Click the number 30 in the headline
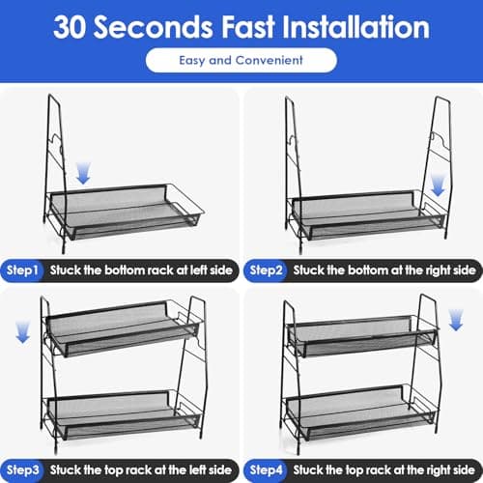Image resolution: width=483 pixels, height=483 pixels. [70, 27]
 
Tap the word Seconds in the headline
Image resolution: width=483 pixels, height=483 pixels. [154, 27]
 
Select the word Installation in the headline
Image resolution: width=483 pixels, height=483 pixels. [355, 27]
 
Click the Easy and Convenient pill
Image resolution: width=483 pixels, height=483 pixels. [241, 60]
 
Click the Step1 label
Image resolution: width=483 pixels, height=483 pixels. [22, 270]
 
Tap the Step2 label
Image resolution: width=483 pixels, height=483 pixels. [266, 270]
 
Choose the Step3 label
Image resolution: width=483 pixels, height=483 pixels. [22, 470]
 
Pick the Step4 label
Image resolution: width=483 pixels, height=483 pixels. [266, 470]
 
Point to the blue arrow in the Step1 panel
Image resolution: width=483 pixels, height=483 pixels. [83, 173]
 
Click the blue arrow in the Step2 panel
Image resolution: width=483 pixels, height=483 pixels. [438, 185]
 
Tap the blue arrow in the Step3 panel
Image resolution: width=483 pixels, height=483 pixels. [22, 331]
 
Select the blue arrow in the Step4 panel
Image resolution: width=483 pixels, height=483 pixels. [456, 320]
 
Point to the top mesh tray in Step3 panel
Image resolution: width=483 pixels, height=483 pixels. [123, 328]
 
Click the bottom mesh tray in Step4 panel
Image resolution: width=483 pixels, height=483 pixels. [360, 412]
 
